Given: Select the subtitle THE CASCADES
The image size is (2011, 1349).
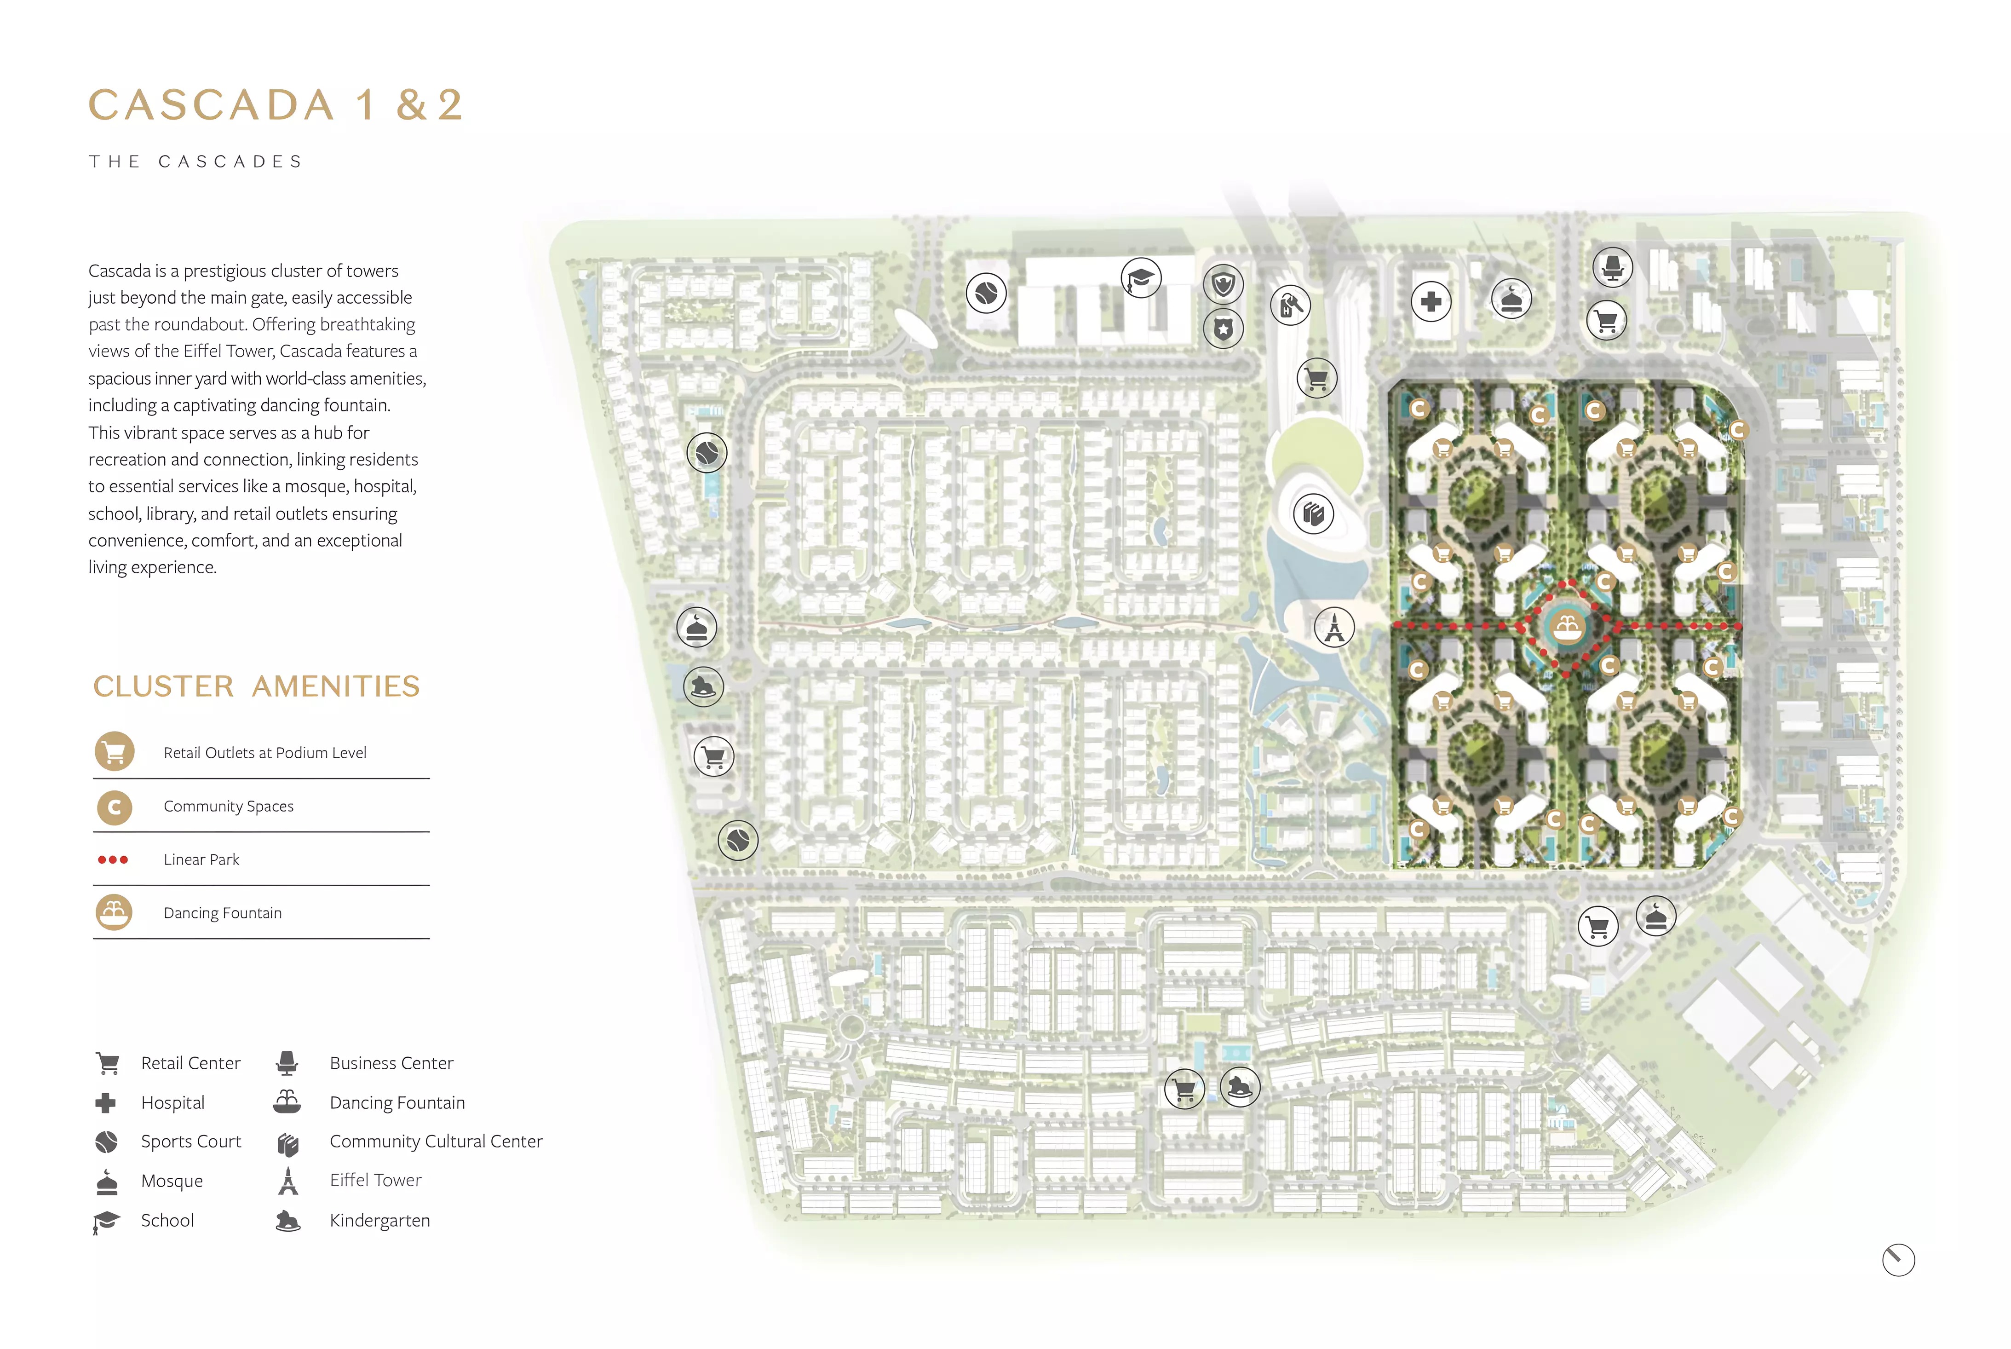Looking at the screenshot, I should pos(196,162).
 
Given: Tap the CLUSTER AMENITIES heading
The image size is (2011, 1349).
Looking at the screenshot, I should pos(256,686).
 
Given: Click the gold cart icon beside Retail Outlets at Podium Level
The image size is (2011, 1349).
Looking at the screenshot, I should pos(115,752).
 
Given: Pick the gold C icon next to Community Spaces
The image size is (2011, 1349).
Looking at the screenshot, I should pos(115,807).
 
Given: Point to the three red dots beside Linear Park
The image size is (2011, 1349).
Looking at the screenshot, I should pos(113,859).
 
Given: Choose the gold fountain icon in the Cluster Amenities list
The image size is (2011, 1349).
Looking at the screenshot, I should pos(115,912).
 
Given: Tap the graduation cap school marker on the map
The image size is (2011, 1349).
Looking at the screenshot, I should pos(1141,278).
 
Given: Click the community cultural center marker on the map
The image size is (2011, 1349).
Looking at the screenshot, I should pos(1313,513).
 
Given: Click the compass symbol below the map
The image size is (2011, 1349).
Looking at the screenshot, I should pos(1898,1260).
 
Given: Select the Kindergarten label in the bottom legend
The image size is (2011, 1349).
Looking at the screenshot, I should pos(379,1220).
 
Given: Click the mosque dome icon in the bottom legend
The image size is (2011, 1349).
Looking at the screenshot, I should pos(107,1182).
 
